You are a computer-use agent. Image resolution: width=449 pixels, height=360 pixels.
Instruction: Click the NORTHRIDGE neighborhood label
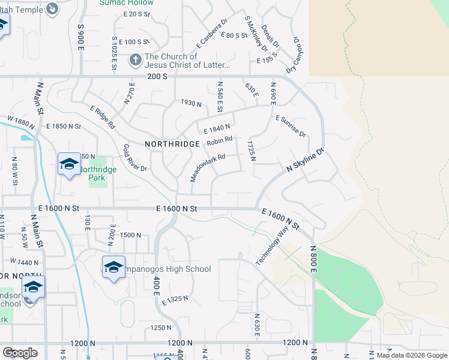tap(172, 144)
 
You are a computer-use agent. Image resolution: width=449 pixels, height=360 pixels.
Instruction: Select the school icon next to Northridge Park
tap(68, 163)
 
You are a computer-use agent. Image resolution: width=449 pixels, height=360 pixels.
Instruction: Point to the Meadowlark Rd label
tap(208, 167)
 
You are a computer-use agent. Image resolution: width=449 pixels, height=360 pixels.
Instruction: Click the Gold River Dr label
tap(135, 158)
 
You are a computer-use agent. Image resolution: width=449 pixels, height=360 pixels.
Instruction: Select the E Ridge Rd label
tap(103, 118)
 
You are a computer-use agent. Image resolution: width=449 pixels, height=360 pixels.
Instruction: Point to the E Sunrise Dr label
tap(291, 126)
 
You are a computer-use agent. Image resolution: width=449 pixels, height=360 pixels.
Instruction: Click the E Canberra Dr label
tap(212, 33)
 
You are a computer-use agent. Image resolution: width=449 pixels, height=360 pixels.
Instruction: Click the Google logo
tap(20, 353)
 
